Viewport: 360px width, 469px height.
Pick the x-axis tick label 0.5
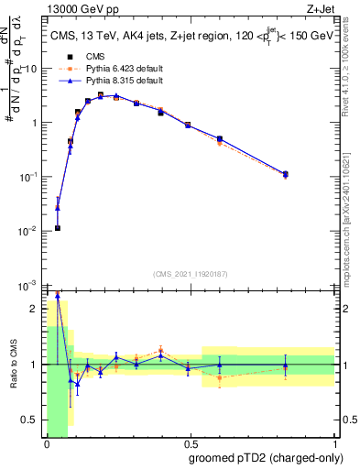189,444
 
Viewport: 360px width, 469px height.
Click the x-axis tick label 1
334,444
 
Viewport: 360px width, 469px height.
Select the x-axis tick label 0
47,444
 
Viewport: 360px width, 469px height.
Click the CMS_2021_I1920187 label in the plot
190,273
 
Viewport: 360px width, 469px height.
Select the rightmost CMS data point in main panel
285,174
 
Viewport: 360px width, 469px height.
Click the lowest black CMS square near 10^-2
58,228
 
